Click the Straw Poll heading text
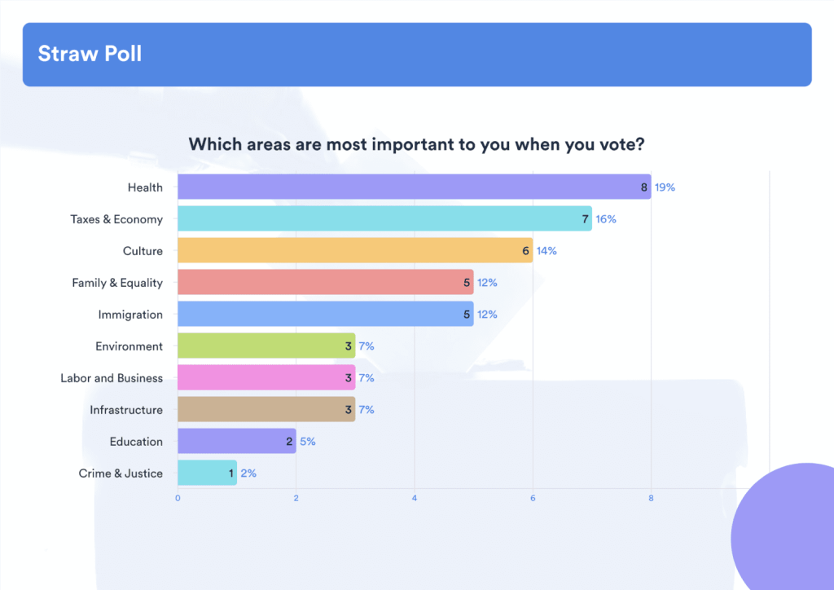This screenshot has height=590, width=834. tap(90, 54)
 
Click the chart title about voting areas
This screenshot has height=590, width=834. tap(417, 144)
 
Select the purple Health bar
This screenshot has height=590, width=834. tap(414, 187)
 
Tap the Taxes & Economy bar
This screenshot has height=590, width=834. tap(384, 218)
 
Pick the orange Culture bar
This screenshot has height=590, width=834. tap(355, 250)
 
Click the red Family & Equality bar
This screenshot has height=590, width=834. tap(325, 282)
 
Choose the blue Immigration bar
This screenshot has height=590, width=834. tap(325, 314)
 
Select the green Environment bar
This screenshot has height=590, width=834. tap(266, 346)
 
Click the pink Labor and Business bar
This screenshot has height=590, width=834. tap(266, 377)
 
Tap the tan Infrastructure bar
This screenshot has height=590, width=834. tap(266, 409)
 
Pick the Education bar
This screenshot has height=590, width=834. tap(236, 441)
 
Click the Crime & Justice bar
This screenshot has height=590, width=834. tap(207, 473)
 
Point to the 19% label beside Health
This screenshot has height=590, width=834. tap(665, 187)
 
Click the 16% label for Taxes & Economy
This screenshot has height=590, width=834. tap(606, 219)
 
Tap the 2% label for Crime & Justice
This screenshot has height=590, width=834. tap(248, 473)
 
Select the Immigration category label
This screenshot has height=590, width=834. tap(130, 315)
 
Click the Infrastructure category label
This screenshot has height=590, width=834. tap(126, 410)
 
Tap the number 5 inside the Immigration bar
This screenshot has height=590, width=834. tap(467, 315)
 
